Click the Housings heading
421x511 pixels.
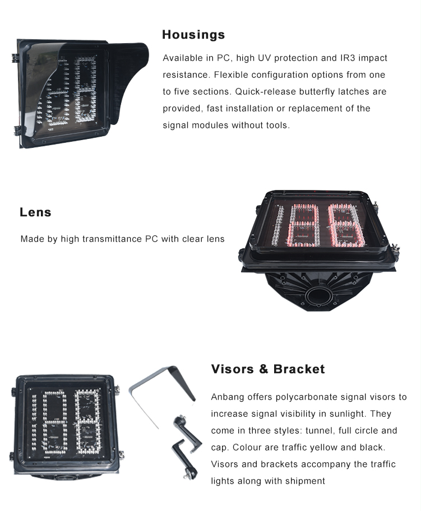193,35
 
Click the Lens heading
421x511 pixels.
35,212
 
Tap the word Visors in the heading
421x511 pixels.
233,369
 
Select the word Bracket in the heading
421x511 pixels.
299,369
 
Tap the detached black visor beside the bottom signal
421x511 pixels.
163,391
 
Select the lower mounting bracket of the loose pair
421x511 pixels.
185,459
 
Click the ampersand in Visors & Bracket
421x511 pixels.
263,369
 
